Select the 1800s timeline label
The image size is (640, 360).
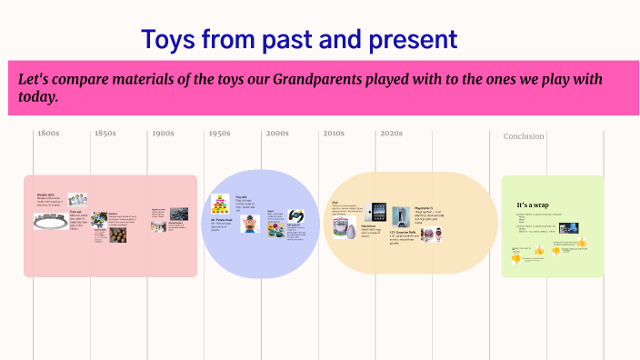(x=48, y=134)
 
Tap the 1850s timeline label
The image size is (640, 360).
(x=105, y=134)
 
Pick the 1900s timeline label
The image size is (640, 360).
(x=163, y=134)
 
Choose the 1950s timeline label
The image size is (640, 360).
(x=219, y=134)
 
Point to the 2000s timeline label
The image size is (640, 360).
(x=277, y=134)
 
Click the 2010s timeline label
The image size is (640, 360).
(x=334, y=134)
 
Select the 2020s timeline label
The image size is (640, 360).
(x=391, y=134)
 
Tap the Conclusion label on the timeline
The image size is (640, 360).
(x=524, y=136)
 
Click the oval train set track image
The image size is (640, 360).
(x=51, y=219)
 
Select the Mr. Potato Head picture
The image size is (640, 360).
(x=251, y=223)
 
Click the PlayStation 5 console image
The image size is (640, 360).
(x=401, y=216)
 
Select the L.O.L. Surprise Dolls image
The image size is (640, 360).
(x=438, y=235)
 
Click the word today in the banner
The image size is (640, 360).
(x=38, y=97)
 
